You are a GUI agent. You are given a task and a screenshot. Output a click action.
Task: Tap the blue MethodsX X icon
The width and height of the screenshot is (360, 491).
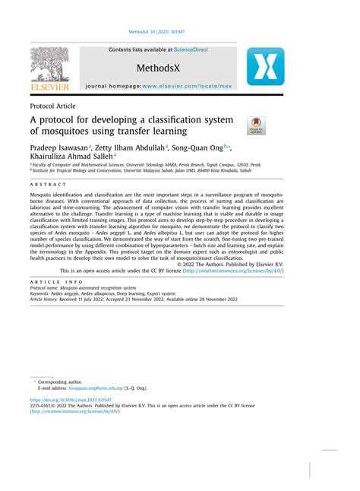(265, 66)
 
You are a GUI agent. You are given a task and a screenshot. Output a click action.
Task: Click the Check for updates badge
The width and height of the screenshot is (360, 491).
(256, 125)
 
